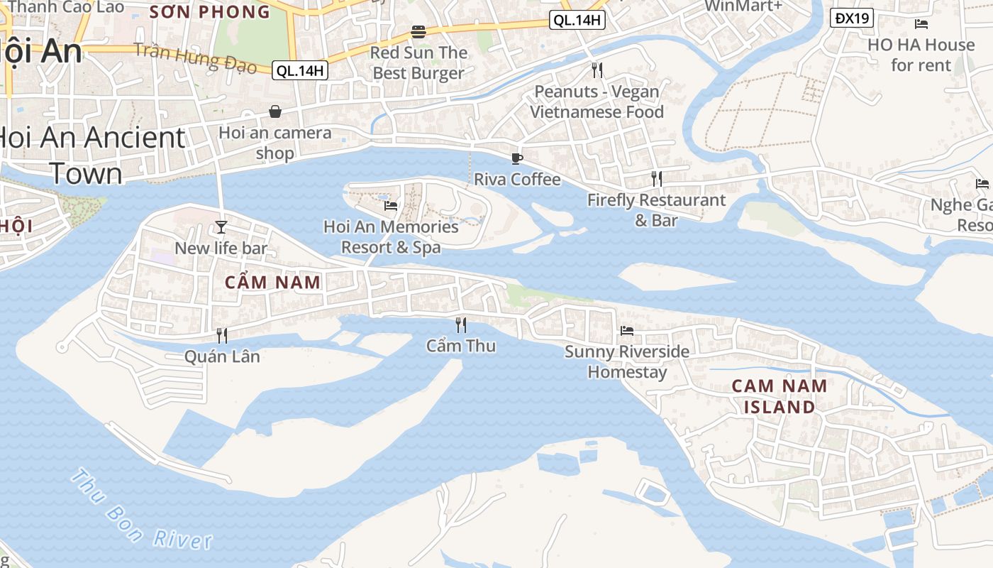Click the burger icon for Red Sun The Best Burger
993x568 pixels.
tap(418, 32)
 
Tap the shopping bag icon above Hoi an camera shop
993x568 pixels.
tap(274, 111)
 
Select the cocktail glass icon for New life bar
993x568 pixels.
tap(221, 226)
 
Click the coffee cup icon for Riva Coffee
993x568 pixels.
tap(517, 158)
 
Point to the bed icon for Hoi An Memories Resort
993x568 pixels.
tap(391, 206)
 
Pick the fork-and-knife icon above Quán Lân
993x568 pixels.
tap(222, 335)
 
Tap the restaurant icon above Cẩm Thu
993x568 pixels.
tap(461, 325)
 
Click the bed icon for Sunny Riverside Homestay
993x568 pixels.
tap(627, 330)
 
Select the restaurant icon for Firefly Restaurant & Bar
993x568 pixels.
tap(657, 179)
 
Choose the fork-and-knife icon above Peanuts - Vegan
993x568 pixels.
tap(597, 70)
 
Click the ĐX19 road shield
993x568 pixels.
tap(851, 18)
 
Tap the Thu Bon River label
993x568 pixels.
tap(142, 510)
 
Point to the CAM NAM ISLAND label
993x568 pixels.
tap(779, 396)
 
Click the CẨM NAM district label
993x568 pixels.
tap(273, 282)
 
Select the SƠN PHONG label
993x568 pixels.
tap(210, 11)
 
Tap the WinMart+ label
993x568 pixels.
tap(743, 6)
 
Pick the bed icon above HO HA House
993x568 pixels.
tap(921, 24)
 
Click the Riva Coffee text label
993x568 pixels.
tap(517, 179)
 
